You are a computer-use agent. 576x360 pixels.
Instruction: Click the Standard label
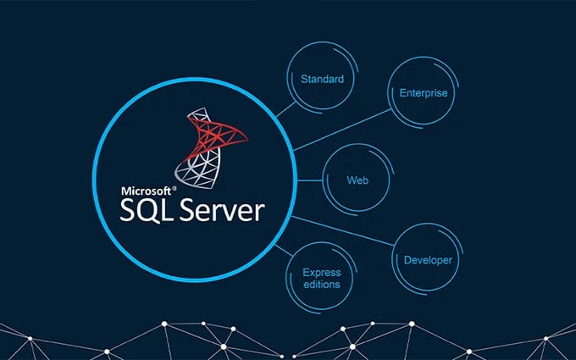pos(322,80)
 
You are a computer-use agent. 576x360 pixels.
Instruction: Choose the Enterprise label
pos(424,93)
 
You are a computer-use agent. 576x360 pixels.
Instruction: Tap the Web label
pos(357,180)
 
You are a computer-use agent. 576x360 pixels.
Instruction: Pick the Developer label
pos(428,260)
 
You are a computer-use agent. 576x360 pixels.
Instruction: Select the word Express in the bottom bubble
pos(322,273)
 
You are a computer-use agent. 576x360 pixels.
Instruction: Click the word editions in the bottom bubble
pos(322,285)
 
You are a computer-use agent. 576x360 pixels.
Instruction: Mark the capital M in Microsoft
pos(125,191)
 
